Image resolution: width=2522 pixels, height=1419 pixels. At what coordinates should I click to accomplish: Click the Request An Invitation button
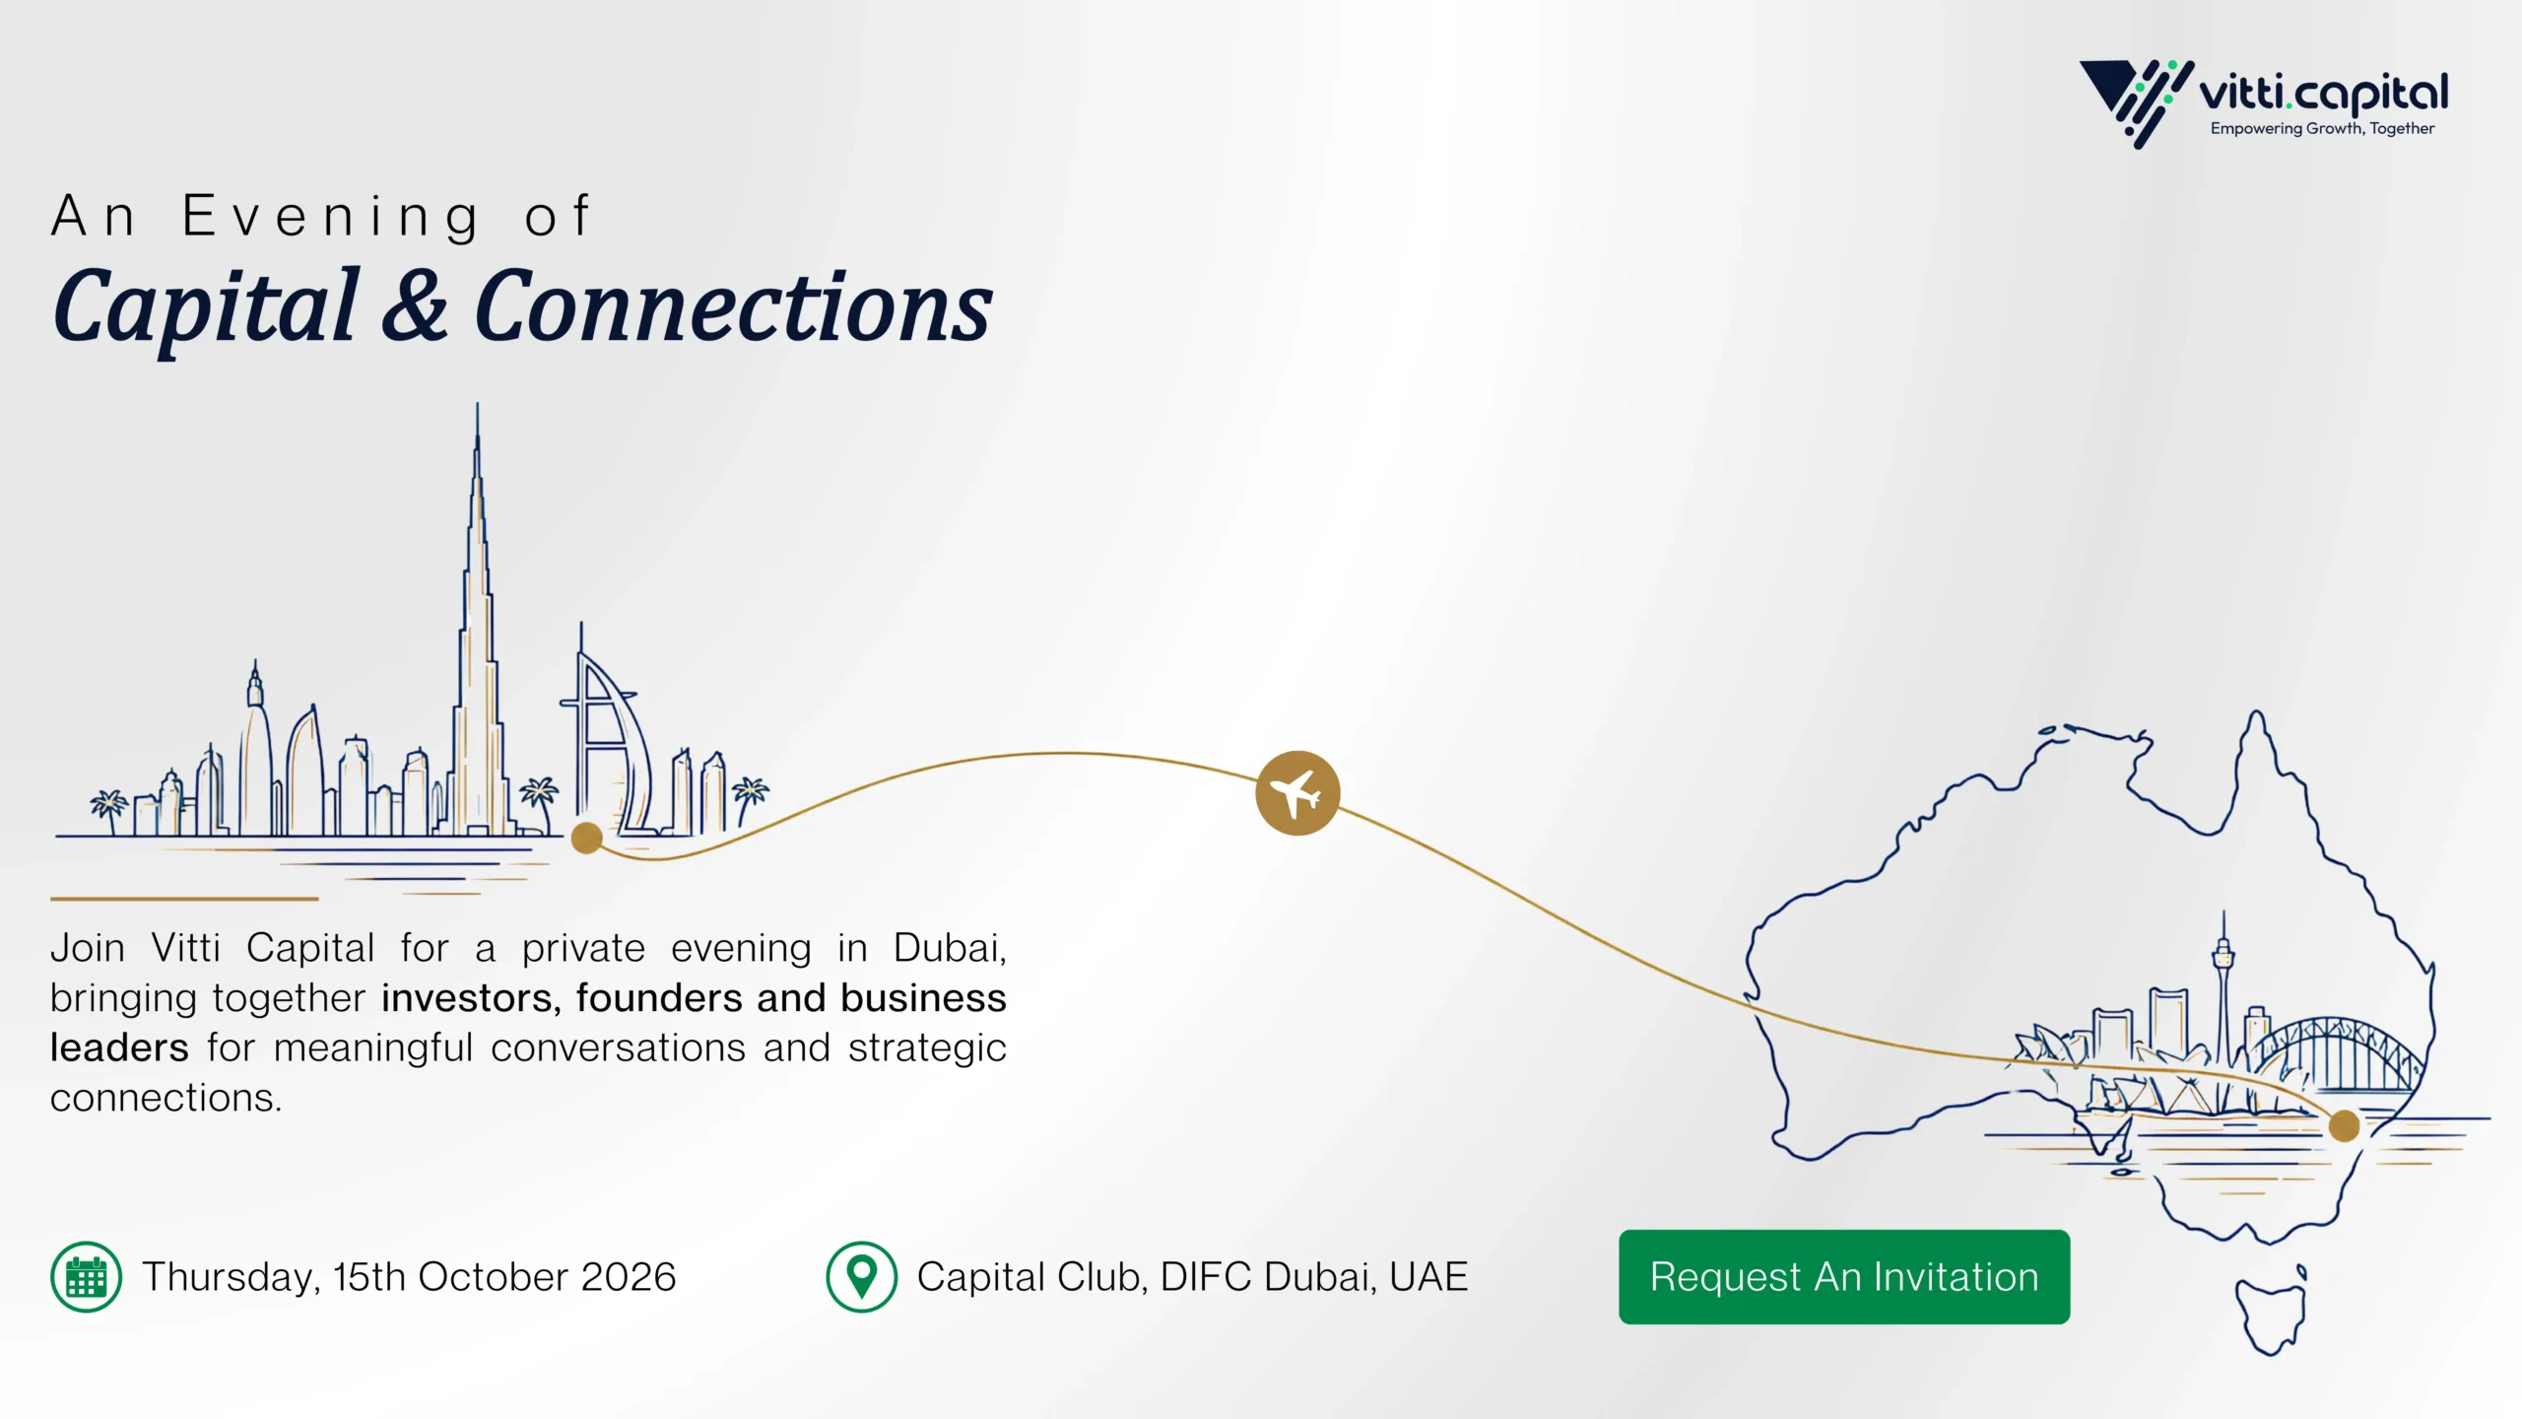1844,1276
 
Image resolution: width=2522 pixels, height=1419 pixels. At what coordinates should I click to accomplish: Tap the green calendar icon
87,1277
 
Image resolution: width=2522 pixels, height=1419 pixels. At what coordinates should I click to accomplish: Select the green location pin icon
862,1277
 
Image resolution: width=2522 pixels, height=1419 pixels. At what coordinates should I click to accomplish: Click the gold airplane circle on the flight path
1297,793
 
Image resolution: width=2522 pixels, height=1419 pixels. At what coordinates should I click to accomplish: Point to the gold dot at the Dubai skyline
587,838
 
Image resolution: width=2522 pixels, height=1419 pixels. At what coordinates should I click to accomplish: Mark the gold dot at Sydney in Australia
2345,1125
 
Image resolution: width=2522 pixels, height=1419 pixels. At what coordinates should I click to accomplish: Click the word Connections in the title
733,307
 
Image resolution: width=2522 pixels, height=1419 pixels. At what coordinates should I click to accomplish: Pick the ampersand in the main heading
415,306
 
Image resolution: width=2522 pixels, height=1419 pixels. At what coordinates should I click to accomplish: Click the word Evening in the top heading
331,218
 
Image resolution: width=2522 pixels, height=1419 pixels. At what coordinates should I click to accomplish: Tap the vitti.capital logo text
2323,95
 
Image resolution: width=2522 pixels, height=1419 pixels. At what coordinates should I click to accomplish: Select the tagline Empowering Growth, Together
2322,128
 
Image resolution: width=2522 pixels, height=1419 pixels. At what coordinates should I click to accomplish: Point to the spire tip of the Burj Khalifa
478,404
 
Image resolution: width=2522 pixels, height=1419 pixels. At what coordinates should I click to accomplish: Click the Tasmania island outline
2271,1312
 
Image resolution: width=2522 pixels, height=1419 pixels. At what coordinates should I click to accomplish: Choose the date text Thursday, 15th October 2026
409,1277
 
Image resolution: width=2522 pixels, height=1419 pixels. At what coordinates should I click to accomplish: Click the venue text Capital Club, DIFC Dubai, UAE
1192,1277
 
